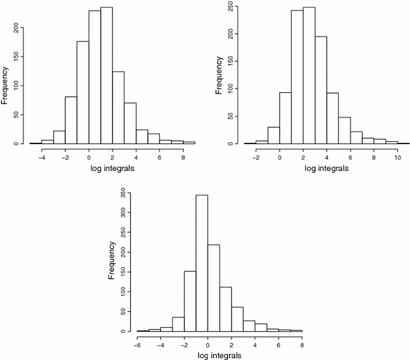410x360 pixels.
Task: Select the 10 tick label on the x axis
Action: pyautogui.click(x=397, y=157)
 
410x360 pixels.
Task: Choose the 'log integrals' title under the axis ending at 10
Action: pyautogui.click(x=326, y=169)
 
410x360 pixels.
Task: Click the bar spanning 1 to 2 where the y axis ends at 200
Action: pyautogui.click(x=107, y=75)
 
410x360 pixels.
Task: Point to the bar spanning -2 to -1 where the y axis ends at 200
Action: pyautogui.click(x=71, y=120)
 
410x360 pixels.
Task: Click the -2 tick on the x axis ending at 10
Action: pyautogui.click(x=256, y=157)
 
